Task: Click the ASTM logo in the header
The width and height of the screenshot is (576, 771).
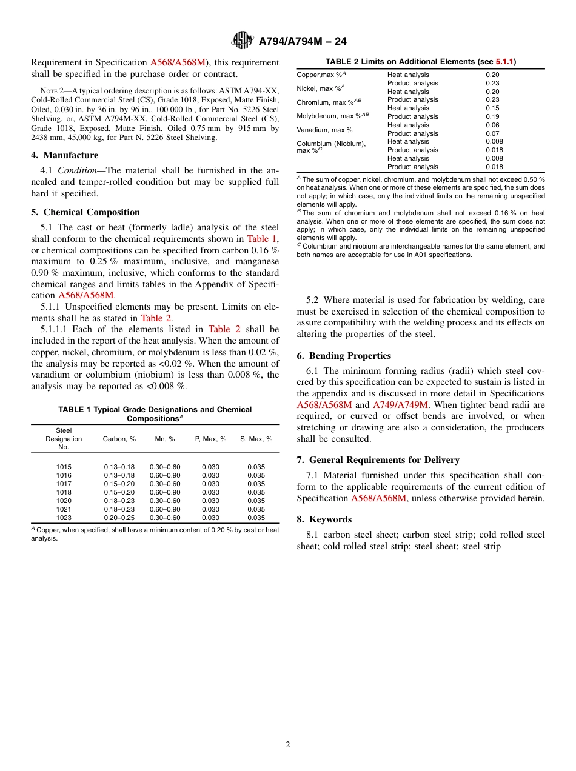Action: coord(243,41)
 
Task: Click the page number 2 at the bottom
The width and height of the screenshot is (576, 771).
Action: coord(288,744)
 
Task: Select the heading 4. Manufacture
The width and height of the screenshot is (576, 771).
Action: coord(65,155)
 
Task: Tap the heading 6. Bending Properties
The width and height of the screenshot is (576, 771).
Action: coord(344,356)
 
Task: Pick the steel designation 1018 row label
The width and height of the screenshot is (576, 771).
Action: coord(64,492)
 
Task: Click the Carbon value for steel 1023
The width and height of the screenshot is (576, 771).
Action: coord(119,518)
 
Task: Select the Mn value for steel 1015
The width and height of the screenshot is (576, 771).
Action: coord(165,467)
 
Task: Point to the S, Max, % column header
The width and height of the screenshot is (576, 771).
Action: coord(256,439)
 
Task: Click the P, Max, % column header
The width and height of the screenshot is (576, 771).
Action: coord(210,439)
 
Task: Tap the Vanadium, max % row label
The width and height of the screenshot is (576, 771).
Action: coord(324,130)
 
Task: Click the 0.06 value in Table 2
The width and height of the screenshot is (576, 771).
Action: coord(492,125)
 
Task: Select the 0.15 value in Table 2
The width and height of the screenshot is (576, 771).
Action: coord(492,108)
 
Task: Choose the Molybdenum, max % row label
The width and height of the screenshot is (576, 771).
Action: coord(333,115)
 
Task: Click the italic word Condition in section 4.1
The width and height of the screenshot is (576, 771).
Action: coord(76,170)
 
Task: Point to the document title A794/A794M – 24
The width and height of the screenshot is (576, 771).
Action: coord(303,41)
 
